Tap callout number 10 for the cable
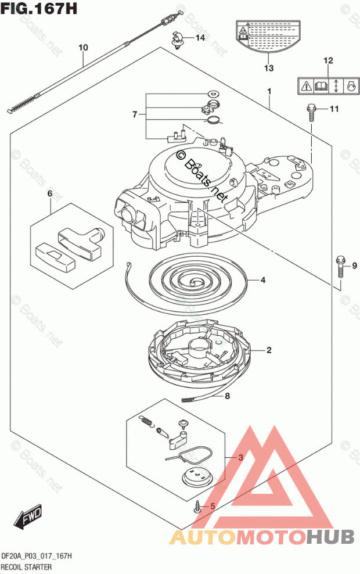point(82,47)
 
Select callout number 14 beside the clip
point(200,38)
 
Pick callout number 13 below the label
point(268,69)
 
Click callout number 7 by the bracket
point(134,114)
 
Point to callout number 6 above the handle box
point(50,193)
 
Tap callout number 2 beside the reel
point(269,350)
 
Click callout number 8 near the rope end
point(228,397)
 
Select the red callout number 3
point(240,458)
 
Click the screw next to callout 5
point(197,506)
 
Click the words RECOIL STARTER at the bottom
point(27,566)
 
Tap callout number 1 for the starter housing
point(269,92)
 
